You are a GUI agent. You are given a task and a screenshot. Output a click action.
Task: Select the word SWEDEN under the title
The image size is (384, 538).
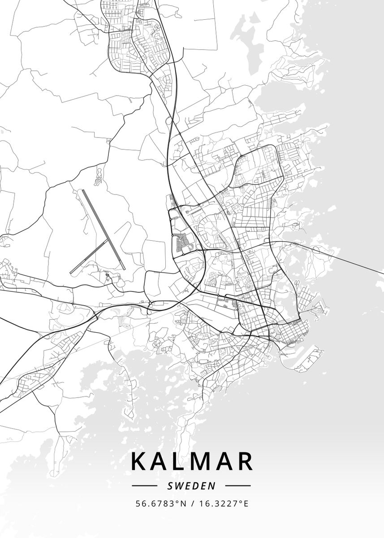pyautogui.click(x=192, y=486)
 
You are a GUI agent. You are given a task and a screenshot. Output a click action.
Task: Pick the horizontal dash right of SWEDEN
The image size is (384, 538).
pyautogui.click(x=237, y=486)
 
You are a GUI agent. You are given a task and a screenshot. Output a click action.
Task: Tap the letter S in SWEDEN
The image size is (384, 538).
pyautogui.click(x=170, y=486)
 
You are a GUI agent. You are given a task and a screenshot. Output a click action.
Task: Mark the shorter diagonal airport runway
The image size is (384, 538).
pyautogui.click(x=90, y=256)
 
